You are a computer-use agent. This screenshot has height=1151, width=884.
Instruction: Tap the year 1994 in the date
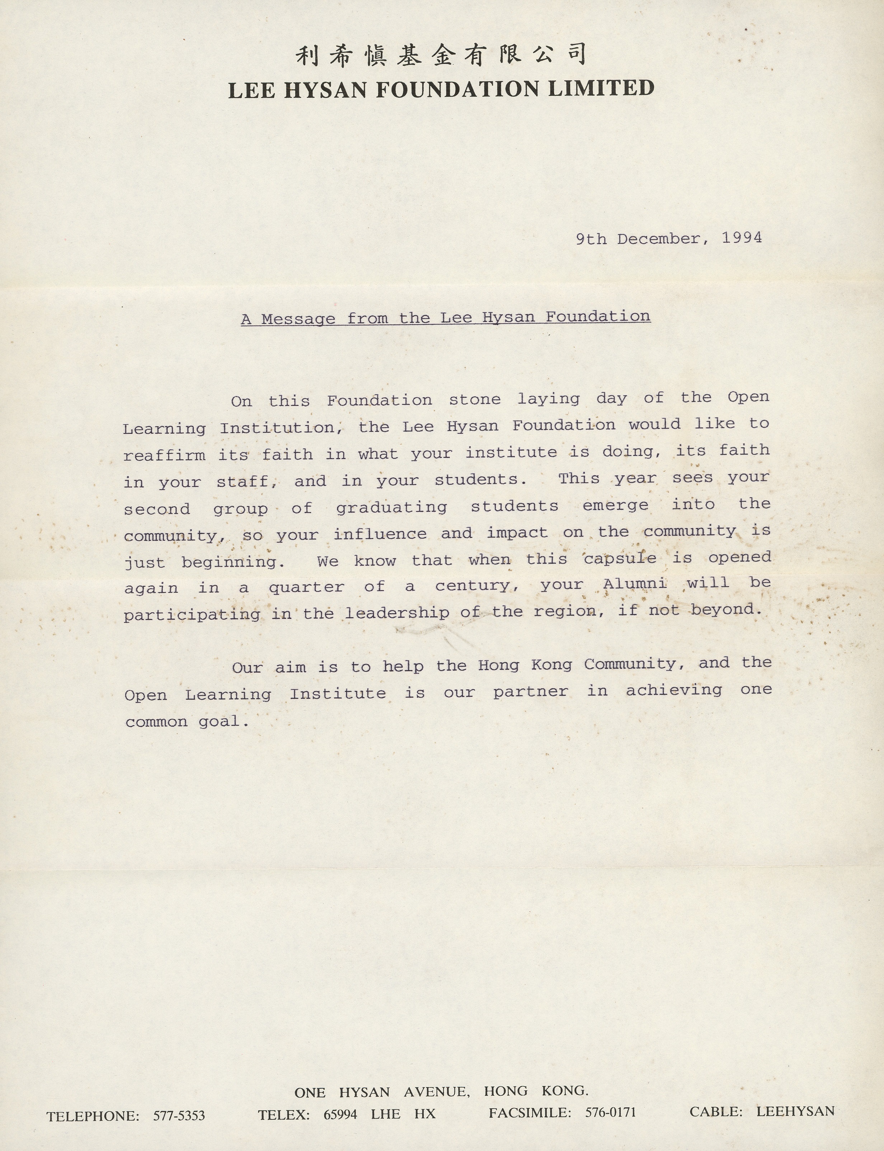coord(742,238)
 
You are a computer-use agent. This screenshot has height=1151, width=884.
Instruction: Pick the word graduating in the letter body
coord(391,507)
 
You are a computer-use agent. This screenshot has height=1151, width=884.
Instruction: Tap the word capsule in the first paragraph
coord(620,558)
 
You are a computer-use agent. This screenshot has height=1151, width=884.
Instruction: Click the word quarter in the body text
coord(306,587)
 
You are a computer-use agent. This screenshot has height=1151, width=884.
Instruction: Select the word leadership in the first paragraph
coord(397,612)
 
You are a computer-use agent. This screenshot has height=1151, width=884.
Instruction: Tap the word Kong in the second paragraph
coord(551,665)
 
